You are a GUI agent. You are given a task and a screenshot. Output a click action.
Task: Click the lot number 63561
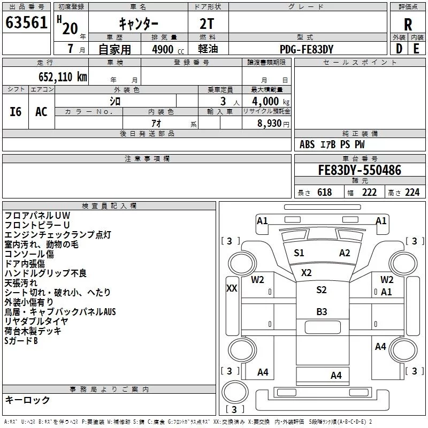[26, 23]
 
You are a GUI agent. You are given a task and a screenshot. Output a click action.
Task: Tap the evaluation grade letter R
[408, 24]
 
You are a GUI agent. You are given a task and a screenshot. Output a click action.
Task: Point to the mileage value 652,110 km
[63, 77]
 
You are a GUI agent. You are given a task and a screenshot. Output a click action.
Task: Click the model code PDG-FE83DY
[307, 49]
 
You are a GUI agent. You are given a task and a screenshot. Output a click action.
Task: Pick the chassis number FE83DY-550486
[360, 170]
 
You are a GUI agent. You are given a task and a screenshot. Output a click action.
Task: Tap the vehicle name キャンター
[137, 24]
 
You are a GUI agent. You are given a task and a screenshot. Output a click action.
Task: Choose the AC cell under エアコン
[41, 111]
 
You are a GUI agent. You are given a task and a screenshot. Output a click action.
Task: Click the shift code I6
[16, 111]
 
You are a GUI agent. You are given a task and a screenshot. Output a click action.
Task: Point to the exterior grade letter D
[399, 49]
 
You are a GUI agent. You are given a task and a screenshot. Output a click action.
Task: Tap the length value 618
[324, 193]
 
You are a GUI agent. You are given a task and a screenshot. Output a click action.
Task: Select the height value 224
[412, 193]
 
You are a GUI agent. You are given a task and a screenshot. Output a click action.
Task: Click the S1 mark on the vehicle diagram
[299, 253]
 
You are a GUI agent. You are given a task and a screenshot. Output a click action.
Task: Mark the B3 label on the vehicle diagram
[322, 311]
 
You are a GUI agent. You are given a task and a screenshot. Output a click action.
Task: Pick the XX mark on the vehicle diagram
[232, 288]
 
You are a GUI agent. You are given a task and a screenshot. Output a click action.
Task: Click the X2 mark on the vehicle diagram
[306, 272]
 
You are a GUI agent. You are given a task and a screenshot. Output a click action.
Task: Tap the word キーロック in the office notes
[27, 400]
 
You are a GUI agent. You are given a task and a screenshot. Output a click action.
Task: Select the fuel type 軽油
[209, 49]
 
